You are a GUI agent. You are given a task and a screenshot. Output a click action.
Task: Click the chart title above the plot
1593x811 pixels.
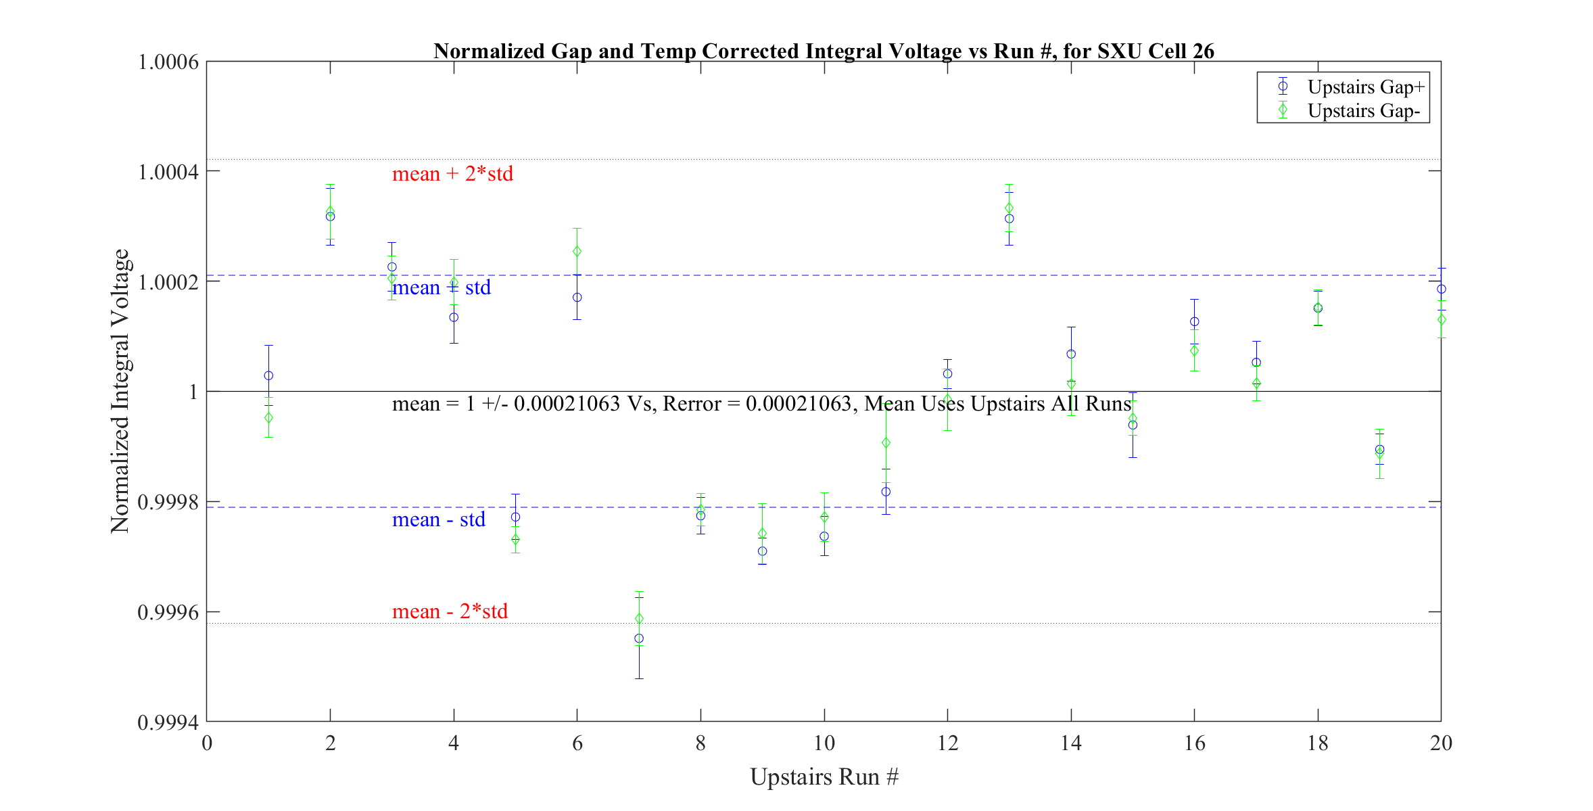coord(824,51)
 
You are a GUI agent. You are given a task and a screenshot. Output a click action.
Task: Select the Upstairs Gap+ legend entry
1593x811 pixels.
coord(1365,87)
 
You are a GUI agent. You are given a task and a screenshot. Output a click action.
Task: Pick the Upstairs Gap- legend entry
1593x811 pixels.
coord(1363,110)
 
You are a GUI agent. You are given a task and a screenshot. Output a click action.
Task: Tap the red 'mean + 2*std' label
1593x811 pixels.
coord(452,174)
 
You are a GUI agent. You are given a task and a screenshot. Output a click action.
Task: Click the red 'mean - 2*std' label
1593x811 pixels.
coord(450,611)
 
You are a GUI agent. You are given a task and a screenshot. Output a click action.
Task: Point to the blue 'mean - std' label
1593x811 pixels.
coord(438,519)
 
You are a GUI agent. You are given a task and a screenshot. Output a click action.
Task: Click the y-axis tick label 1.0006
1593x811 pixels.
coord(168,62)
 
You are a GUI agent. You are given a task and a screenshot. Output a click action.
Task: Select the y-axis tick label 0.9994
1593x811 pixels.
coord(168,722)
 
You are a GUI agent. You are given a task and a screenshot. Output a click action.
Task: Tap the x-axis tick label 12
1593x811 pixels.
coord(947,743)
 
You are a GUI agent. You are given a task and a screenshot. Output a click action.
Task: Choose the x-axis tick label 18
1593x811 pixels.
coord(1318,743)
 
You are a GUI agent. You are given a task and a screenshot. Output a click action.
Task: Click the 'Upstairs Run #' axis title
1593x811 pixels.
coord(824,777)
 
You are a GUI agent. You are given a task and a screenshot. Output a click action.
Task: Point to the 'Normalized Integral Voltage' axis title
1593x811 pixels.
coord(120,391)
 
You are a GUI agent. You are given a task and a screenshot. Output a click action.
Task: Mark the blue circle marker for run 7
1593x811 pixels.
coord(639,639)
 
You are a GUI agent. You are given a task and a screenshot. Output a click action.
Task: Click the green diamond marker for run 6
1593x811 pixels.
coord(577,252)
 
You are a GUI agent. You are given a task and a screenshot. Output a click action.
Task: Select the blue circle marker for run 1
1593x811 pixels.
coord(268,375)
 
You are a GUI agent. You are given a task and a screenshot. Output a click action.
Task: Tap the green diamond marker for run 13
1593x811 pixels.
coord(1009,208)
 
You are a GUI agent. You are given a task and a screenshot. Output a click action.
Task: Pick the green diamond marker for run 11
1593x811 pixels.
coord(886,443)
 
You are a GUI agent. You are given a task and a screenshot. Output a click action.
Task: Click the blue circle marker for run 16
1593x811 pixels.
coord(1195,322)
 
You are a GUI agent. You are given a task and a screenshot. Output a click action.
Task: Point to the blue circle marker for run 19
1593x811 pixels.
coord(1380,449)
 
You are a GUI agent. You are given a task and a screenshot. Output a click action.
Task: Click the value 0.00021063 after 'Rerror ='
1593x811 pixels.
coord(798,404)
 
